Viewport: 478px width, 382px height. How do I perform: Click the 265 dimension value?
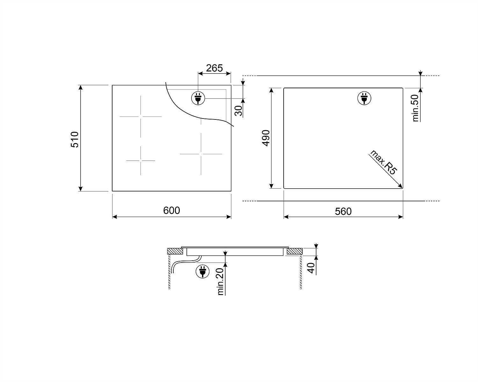tap(214, 68)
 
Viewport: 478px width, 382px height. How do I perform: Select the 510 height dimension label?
tap(75, 140)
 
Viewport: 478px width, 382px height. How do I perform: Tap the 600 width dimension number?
tap(171, 210)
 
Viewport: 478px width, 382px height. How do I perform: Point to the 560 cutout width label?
tap(343, 212)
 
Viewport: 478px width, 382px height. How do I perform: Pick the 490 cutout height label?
tap(266, 138)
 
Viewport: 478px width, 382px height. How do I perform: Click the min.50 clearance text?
tap(415, 108)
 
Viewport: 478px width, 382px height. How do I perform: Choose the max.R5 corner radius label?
tap(383, 162)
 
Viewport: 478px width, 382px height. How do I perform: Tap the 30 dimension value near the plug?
tap(238, 111)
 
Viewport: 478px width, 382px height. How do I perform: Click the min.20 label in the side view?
tap(220, 282)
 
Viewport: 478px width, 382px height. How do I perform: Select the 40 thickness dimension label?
tap(311, 268)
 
